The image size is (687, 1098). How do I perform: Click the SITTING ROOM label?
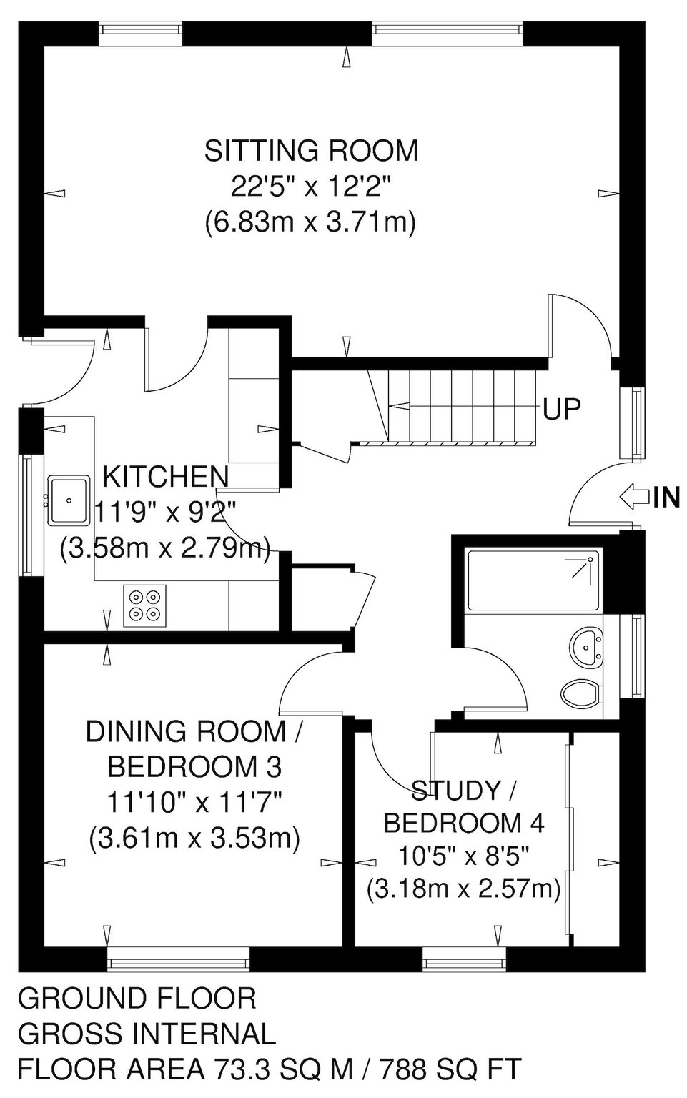point(312,150)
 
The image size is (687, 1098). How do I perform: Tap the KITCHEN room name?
point(165,477)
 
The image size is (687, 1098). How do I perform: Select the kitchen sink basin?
point(69,500)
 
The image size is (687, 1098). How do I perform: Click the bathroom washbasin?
point(586,648)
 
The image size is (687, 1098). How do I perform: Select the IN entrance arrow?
point(634,497)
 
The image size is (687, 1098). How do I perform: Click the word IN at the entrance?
point(667,497)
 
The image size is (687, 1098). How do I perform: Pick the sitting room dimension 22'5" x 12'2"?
point(312,187)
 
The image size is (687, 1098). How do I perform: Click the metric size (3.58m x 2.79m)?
point(164,548)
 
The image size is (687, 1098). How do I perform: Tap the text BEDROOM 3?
point(194,768)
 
